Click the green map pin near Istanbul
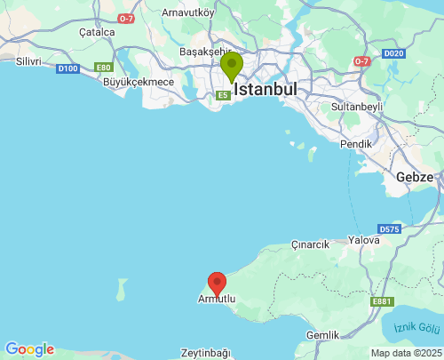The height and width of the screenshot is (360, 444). click(231, 67)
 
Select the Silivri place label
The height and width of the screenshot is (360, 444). click(28, 60)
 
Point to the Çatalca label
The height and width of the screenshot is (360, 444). click(97, 32)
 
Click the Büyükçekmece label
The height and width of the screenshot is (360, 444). click(139, 82)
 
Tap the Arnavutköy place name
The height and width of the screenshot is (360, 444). click(188, 12)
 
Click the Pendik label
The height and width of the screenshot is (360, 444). click(355, 143)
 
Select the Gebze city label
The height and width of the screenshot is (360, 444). click(415, 176)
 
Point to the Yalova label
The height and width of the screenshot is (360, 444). click(364, 240)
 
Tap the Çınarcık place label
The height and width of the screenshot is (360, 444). click(310, 244)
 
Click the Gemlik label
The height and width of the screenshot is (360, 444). click(321, 335)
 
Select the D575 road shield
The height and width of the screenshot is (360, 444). click(388, 229)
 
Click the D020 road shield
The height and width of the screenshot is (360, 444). click(393, 53)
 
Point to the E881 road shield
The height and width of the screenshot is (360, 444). click(382, 301)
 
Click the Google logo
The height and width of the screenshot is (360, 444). click(29, 349)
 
